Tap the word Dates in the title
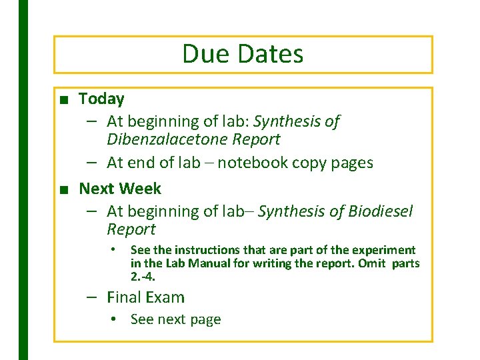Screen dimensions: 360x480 click(271, 54)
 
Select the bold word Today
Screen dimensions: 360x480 click(101, 99)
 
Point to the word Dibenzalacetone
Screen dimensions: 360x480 click(157, 140)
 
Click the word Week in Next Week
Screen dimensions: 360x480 click(140, 189)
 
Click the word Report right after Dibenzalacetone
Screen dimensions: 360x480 click(255, 140)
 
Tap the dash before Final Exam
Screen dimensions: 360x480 click(93, 297)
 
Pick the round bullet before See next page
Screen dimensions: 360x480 click(115, 319)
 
